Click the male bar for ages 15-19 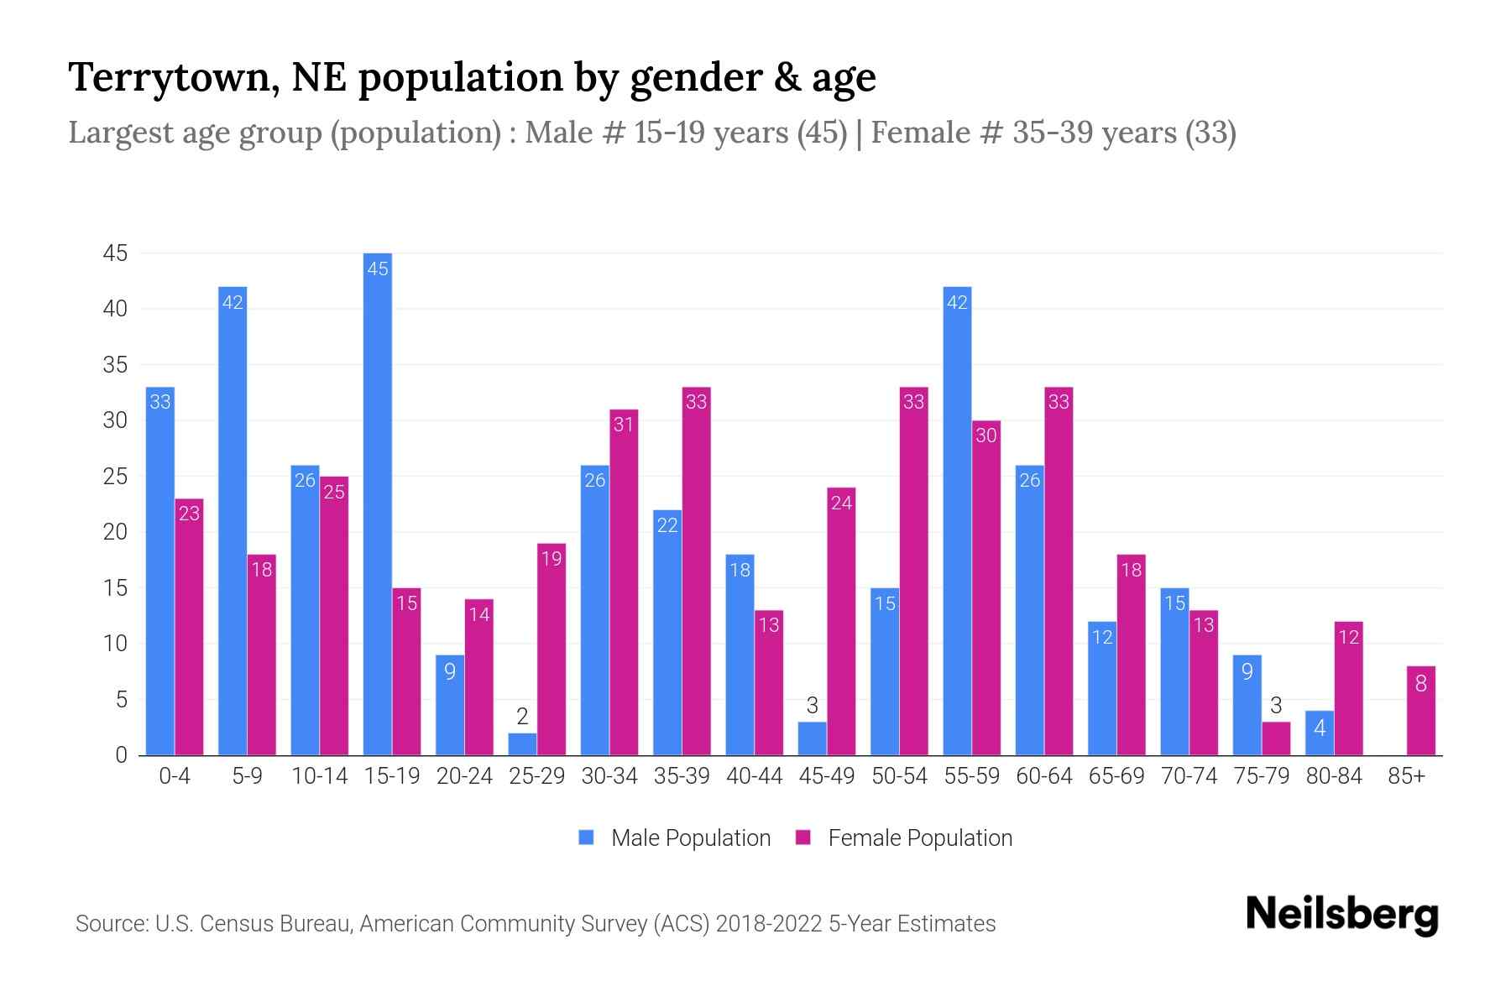pos(378,503)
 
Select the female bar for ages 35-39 pos(696,571)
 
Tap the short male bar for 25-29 pos(522,744)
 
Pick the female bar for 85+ pos(1420,711)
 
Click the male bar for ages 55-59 pos(957,520)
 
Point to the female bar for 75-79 pos(1275,738)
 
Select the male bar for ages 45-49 pos(812,738)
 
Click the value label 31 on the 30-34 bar pos(623,425)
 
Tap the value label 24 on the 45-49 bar pos(841,503)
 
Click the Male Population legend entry pos(676,837)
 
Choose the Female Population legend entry pos(905,837)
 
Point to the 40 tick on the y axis pos(115,309)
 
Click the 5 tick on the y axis pos(121,699)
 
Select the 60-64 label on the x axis pos(1043,776)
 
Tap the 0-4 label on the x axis pos(175,776)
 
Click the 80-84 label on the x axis pos(1333,776)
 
